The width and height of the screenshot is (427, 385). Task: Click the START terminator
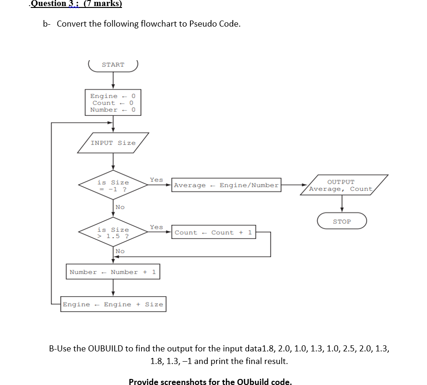point(113,65)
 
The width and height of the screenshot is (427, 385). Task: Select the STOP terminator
point(342,221)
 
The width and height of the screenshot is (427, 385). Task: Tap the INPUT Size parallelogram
point(113,143)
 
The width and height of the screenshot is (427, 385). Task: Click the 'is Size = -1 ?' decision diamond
point(113,186)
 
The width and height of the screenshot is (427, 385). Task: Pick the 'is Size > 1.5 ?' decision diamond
point(113,232)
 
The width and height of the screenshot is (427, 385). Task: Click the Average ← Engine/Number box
point(226,185)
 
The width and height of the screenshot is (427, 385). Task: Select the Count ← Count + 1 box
point(213,232)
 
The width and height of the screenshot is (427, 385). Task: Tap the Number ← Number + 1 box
point(113,272)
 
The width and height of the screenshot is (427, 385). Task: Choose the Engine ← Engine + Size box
point(113,304)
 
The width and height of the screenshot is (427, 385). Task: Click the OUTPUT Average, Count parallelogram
point(342,185)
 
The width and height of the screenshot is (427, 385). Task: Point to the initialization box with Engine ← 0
point(113,103)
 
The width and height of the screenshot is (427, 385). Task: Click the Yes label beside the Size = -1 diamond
point(156,180)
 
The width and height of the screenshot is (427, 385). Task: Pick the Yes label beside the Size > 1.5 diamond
point(156,227)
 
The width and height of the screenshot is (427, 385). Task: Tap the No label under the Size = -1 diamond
point(120,207)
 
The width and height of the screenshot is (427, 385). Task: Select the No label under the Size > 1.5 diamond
point(120,251)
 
